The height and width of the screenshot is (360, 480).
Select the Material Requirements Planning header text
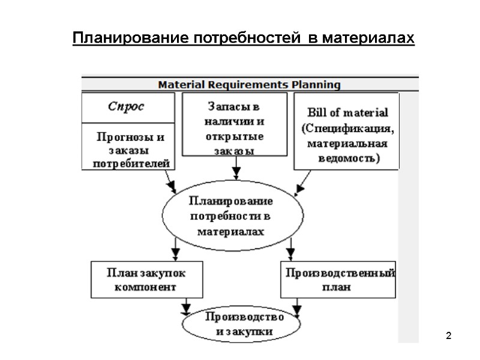pyautogui.click(x=249, y=85)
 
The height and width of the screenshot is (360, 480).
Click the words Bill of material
pyautogui.click(x=347, y=112)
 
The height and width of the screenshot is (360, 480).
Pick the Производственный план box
pyautogui.click(x=339, y=280)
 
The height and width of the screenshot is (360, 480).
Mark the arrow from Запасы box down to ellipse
pyautogui.click(x=236, y=171)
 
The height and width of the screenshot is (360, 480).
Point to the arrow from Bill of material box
pyautogui.click(x=304, y=182)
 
